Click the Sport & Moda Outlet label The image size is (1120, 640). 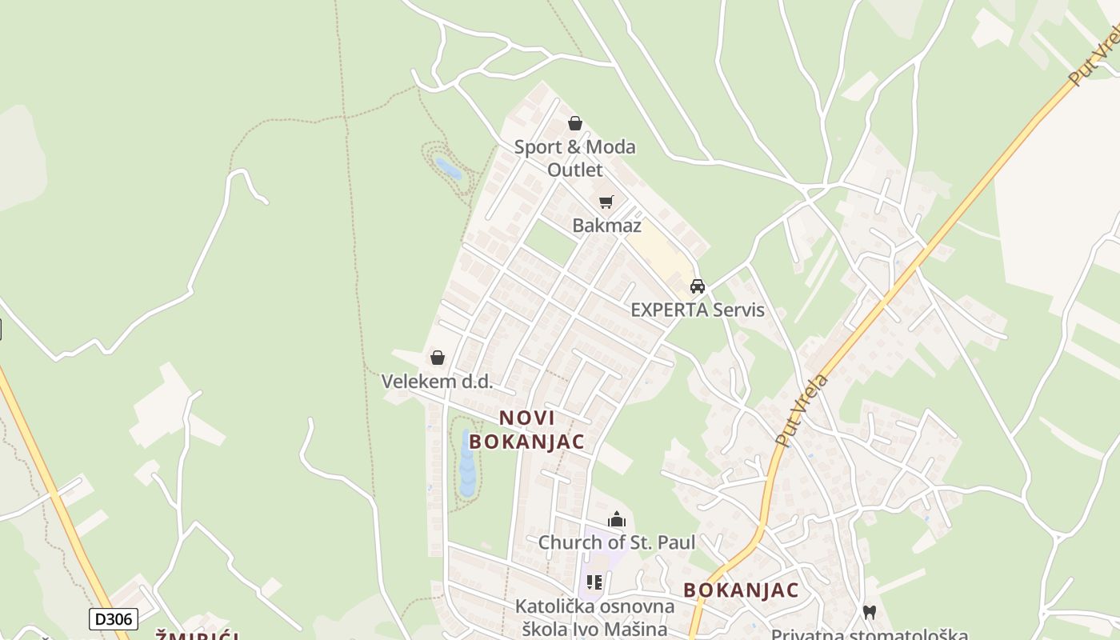(574, 158)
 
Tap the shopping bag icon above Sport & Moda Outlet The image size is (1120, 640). (574, 123)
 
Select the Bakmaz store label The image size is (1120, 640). (606, 226)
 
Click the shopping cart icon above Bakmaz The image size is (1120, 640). (606, 202)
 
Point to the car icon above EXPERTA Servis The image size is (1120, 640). (698, 286)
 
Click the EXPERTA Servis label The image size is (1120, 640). (698, 310)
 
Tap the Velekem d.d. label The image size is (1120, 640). (437, 382)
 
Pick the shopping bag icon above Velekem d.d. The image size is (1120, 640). (437, 358)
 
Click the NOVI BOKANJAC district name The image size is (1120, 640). (526, 430)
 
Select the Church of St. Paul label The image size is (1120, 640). (616, 542)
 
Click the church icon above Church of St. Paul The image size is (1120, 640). (616, 521)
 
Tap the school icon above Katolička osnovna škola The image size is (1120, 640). (594, 582)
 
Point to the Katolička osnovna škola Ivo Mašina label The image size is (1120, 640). (594, 617)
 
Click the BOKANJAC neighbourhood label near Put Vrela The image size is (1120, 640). (741, 590)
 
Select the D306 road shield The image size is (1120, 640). (113, 618)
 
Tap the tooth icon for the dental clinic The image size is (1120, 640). (870, 612)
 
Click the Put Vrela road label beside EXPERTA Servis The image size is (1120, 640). (802, 408)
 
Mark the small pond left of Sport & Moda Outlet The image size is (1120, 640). (447, 168)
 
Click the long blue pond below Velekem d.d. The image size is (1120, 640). (467, 464)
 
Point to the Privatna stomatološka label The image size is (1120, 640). (869, 634)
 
